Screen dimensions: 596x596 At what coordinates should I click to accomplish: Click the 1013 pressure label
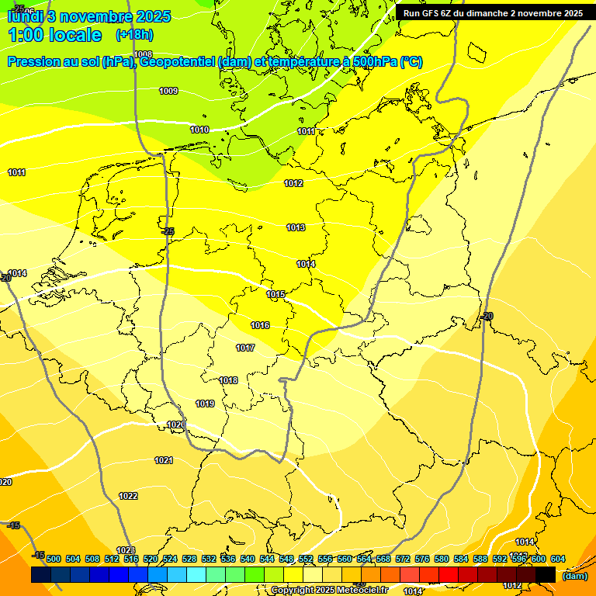pyautogui.click(x=296, y=227)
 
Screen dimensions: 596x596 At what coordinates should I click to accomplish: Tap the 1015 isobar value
pyautogui.click(x=276, y=294)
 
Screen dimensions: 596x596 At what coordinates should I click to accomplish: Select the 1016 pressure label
pyautogui.click(x=261, y=325)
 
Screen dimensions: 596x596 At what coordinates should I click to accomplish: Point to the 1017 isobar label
pyautogui.click(x=246, y=348)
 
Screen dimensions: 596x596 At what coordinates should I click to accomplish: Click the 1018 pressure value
pyautogui.click(x=229, y=380)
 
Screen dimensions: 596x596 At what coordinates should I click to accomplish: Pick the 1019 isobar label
pyautogui.click(x=205, y=404)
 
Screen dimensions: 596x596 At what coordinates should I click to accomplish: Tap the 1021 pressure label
pyautogui.click(x=164, y=460)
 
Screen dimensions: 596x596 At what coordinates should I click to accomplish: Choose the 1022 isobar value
pyautogui.click(x=129, y=496)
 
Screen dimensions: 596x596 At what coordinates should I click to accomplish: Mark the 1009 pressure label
pyautogui.click(x=168, y=91)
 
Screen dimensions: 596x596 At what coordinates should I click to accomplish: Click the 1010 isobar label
pyautogui.click(x=199, y=130)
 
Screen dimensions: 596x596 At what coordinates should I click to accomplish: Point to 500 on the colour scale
pyautogui.click(x=54, y=559)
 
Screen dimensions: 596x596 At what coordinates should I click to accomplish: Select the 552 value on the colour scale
pyautogui.click(x=306, y=559)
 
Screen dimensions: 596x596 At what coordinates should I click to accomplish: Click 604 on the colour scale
pyautogui.click(x=558, y=559)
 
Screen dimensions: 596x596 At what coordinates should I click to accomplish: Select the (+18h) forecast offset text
pyautogui.click(x=134, y=35)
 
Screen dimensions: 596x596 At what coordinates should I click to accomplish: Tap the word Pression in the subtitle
pyautogui.click(x=32, y=62)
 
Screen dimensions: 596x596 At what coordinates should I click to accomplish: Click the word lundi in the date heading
pyautogui.click(x=26, y=16)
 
